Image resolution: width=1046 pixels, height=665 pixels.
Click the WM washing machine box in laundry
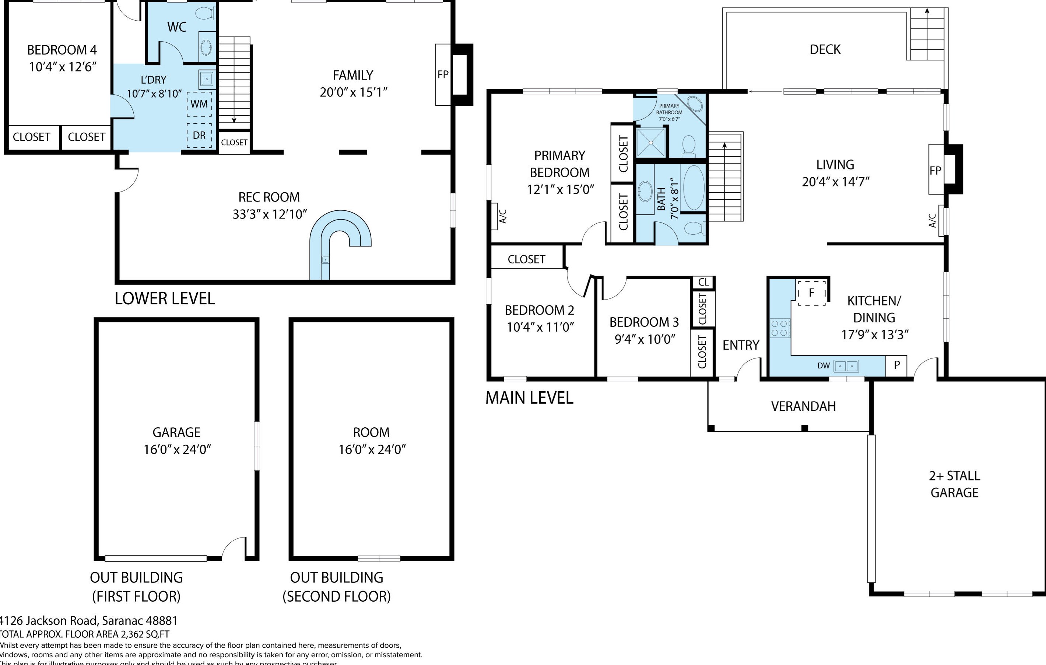pos(199,104)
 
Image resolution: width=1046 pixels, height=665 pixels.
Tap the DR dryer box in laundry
pos(199,135)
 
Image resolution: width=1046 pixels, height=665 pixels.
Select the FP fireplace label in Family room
pos(443,75)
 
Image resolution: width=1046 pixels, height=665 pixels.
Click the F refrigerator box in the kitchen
pos(811,293)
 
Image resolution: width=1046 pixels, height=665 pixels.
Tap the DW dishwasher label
pos(823,366)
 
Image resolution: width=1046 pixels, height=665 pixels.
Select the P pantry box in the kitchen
pos(896,365)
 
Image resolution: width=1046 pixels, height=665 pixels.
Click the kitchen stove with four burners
pos(780,328)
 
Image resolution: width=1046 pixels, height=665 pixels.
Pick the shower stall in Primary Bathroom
pos(651,142)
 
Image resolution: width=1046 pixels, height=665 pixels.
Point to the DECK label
pos(825,49)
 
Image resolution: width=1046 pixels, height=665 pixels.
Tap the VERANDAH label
pos(803,406)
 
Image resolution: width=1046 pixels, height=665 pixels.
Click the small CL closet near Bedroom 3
pos(703,282)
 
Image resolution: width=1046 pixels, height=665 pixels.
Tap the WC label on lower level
pos(177,27)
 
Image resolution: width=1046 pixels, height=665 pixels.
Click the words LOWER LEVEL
pos(165,298)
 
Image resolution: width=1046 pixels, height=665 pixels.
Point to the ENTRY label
pos(741,345)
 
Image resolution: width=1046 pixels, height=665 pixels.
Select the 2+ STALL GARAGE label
pos(954,484)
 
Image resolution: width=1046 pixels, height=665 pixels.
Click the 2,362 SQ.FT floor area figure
pos(143,634)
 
